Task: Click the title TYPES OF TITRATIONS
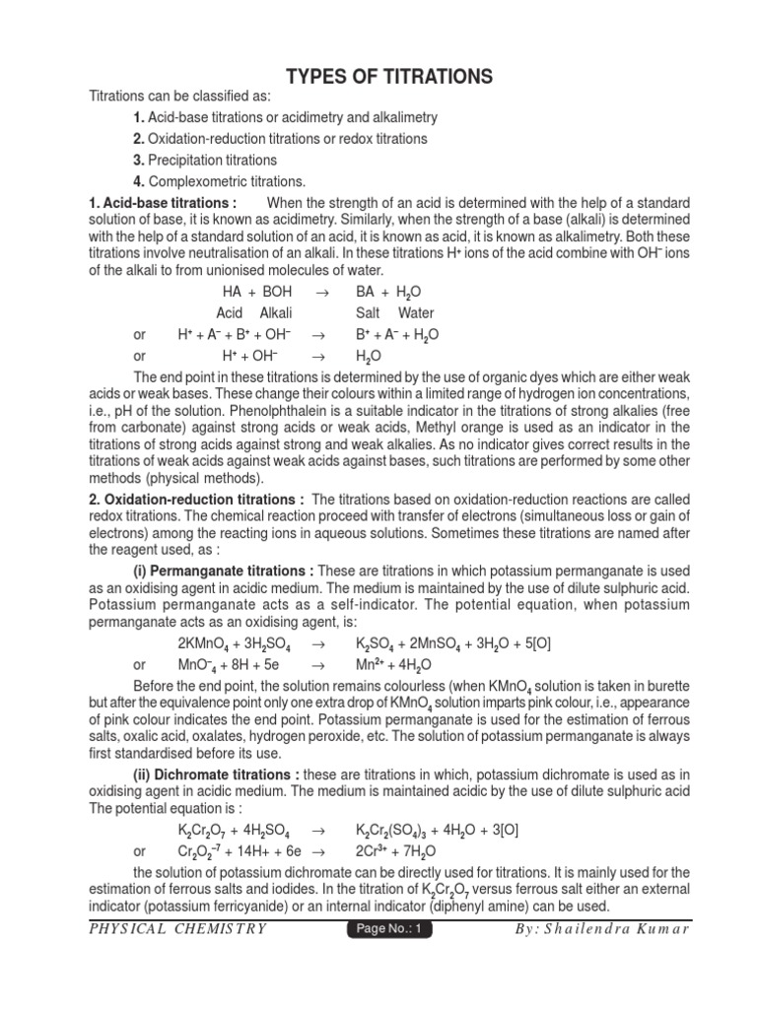388,77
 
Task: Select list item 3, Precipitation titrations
205,160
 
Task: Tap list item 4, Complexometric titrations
220,181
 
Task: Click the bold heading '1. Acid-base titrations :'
164,202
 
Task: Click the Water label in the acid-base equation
416,313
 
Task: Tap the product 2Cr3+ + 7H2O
400,850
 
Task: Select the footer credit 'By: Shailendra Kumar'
602,929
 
